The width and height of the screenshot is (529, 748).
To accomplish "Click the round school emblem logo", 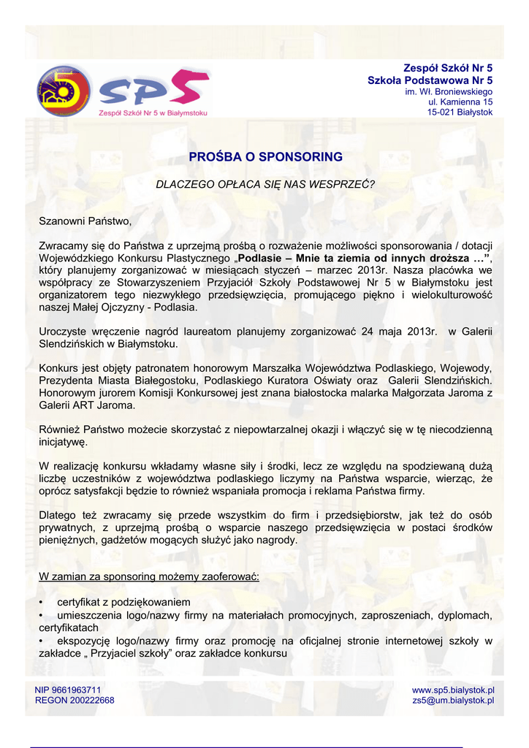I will [64, 91].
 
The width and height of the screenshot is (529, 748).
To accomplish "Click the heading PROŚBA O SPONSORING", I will [265, 157].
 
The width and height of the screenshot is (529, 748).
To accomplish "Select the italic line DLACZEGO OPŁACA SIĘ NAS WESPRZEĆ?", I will [265, 184].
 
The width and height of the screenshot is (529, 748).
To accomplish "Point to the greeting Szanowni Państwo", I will [85, 221].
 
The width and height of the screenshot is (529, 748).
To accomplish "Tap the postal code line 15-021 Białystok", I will [460, 112].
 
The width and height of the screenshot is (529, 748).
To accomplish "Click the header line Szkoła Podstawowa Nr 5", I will [430, 80].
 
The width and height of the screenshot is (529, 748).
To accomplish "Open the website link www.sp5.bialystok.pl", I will [453, 690].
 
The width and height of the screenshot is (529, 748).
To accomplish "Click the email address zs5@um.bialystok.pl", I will [453, 700].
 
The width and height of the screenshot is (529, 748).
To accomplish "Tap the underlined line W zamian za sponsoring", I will [148, 576].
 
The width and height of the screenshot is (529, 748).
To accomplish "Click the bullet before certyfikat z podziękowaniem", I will [41, 602].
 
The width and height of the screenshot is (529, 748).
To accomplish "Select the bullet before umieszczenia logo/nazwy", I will [41, 615].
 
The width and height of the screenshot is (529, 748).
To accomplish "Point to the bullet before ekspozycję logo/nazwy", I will [41, 641].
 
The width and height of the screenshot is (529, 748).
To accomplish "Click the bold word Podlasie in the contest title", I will [262, 258].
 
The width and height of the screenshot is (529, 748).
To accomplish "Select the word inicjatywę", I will [64, 442].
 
